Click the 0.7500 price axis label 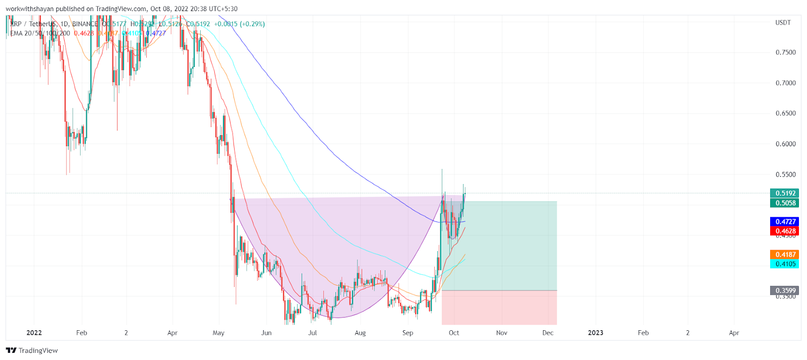coord(785,52)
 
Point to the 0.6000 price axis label coord(785,144)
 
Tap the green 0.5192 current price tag coord(785,193)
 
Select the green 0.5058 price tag coord(785,203)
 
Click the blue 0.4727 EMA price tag coord(785,222)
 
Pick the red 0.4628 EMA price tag coord(785,231)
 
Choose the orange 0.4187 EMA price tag coord(785,255)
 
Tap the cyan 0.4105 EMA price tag coord(785,264)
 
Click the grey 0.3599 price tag coord(785,291)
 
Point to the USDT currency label coord(783,23)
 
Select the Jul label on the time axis coord(313,333)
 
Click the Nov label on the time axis coord(501,333)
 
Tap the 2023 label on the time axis coord(595,333)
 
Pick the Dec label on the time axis coord(548,333)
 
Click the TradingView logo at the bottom coord(32,350)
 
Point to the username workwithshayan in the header coord(30,9)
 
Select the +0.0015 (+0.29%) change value coord(239,24)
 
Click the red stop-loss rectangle coord(499,308)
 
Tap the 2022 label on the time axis coord(34,333)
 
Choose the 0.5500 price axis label coord(785,175)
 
